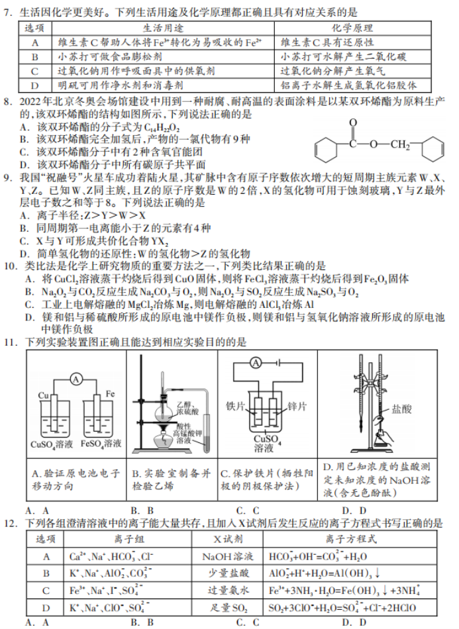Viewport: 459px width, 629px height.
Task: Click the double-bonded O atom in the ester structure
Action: tap(353, 122)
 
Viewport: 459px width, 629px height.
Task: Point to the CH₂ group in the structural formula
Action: tap(399, 145)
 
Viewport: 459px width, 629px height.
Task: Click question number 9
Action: tap(9, 177)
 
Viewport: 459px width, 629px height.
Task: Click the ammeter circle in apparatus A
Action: tap(76, 379)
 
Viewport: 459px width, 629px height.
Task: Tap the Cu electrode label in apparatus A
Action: tap(44, 395)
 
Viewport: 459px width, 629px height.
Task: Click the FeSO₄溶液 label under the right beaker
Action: tap(101, 444)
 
